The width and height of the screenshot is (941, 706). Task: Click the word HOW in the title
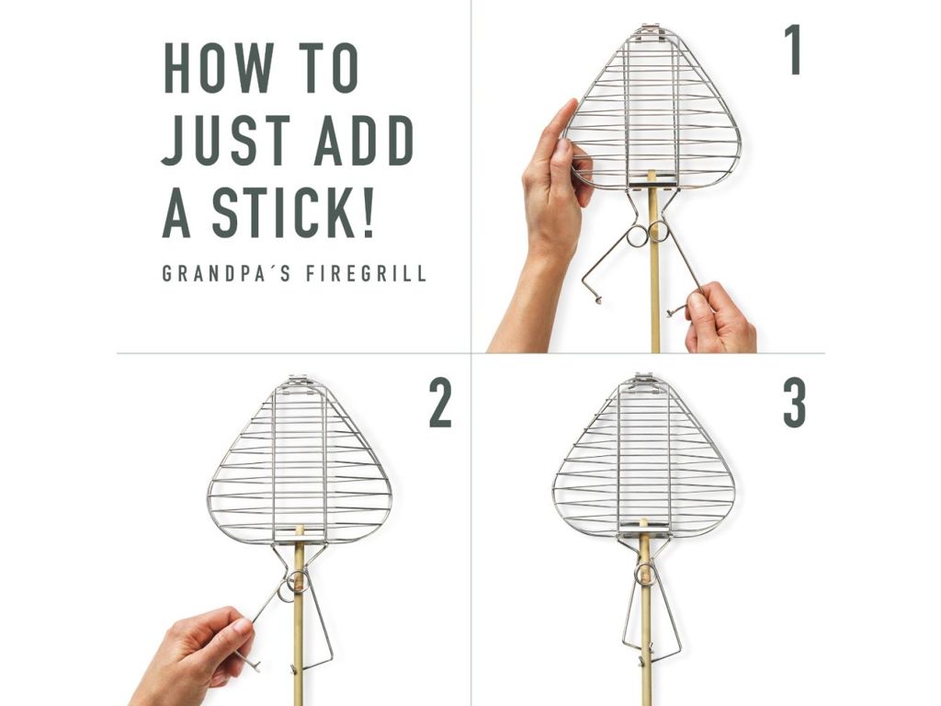[x=219, y=68]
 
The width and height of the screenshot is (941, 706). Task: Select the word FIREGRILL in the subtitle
[x=366, y=273]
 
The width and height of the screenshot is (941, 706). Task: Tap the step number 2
[x=440, y=404]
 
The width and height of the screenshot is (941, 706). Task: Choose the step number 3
[x=794, y=404]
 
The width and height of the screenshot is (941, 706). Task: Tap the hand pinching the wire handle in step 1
[x=719, y=317]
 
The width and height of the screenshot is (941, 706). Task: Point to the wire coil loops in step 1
[x=647, y=233]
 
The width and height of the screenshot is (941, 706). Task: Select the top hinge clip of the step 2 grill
[x=299, y=381]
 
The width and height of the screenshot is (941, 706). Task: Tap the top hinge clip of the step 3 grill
[x=643, y=380]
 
